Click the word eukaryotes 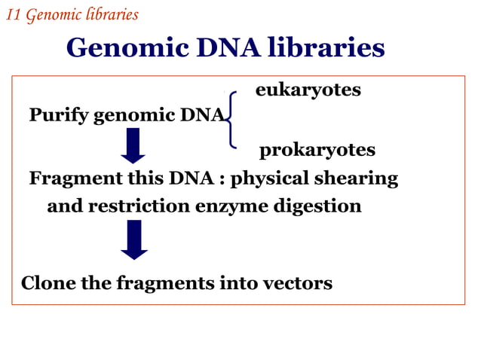pos(308,90)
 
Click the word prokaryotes pos(317,151)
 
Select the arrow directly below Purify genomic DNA pos(133,145)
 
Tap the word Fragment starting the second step pos(71,179)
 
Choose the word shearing pos(360,179)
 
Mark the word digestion pos(320,206)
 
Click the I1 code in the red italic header pos(14,14)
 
